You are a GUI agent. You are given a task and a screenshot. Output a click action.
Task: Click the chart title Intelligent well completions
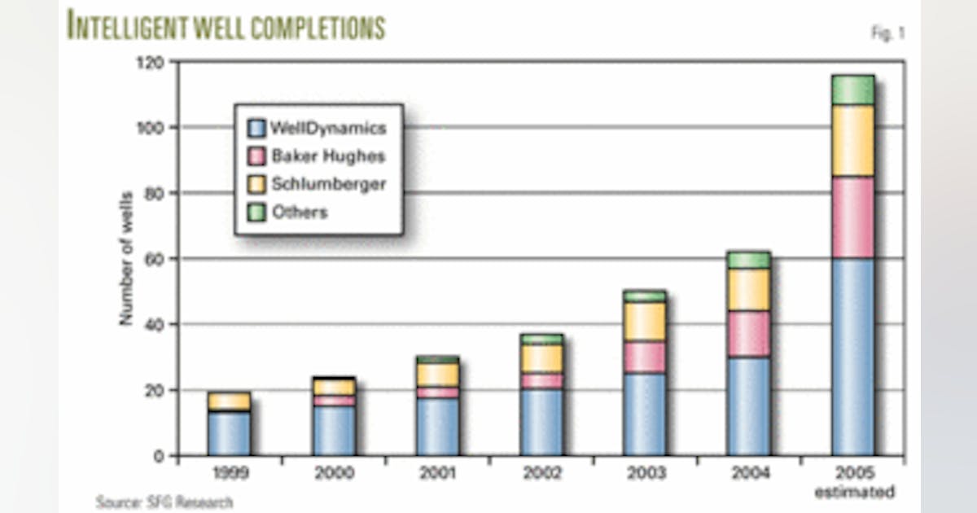[226, 26]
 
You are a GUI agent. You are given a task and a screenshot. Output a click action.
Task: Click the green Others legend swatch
[256, 213]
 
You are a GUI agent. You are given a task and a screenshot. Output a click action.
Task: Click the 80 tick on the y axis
[155, 193]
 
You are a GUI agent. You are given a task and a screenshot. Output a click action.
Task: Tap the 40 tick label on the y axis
[155, 324]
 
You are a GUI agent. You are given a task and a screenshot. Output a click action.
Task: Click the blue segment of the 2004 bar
[748, 406]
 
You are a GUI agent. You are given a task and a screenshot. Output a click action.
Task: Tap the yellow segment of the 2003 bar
[644, 322]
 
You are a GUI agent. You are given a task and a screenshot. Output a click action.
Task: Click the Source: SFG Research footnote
[164, 502]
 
